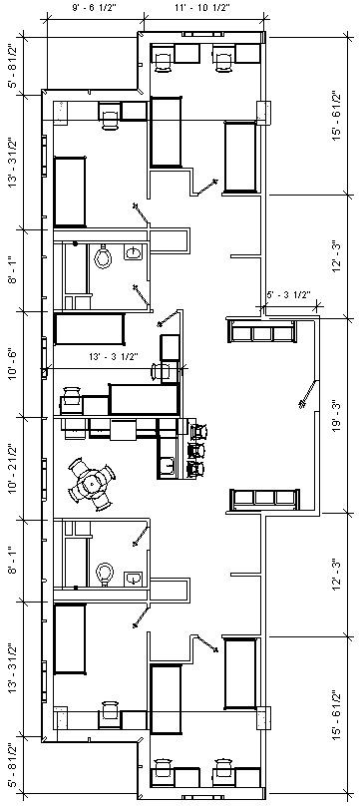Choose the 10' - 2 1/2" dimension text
[12, 465]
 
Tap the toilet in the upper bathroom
[104, 259]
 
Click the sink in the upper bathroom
[133, 254]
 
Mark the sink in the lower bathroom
[133, 578]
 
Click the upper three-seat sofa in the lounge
[262, 330]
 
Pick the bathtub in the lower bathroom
[74, 556]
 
